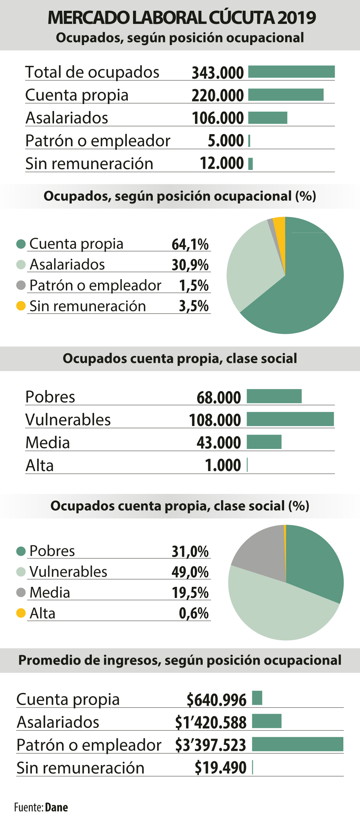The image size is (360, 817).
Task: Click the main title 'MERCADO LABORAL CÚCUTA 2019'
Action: click(x=182, y=18)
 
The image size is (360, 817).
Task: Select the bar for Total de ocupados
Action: click(x=291, y=72)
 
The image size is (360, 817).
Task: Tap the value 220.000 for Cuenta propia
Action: click(x=218, y=95)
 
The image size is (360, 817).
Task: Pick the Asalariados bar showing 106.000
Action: click(x=267, y=118)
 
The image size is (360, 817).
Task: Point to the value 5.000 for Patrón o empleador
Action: click(x=226, y=141)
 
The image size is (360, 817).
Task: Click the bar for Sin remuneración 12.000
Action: click(x=251, y=164)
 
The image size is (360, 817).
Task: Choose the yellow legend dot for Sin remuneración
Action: click(x=21, y=306)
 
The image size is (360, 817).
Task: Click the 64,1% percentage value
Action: click(x=190, y=244)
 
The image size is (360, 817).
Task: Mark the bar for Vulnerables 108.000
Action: click(x=290, y=419)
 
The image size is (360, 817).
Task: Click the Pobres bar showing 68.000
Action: click(x=274, y=396)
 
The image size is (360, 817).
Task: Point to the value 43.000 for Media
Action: click(x=219, y=442)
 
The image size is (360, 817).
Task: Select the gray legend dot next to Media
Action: click(x=21, y=592)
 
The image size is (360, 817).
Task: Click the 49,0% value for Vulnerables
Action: click(x=190, y=572)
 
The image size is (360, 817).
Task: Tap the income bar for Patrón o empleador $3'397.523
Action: click(x=297, y=744)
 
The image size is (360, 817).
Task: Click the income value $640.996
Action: click(x=216, y=699)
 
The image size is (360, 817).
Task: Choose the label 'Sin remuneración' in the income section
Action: click(x=80, y=768)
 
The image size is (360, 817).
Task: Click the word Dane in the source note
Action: click(x=56, y=807)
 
